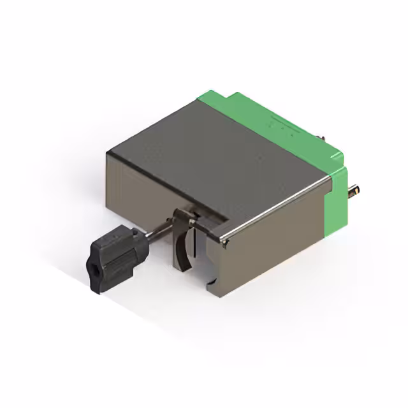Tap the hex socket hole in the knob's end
pyautogui.click(x=94, y=280)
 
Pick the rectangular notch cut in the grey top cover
pyautogui.click(x=210, y=220)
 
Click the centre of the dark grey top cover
pyautogui.click(x=217, y=159)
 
